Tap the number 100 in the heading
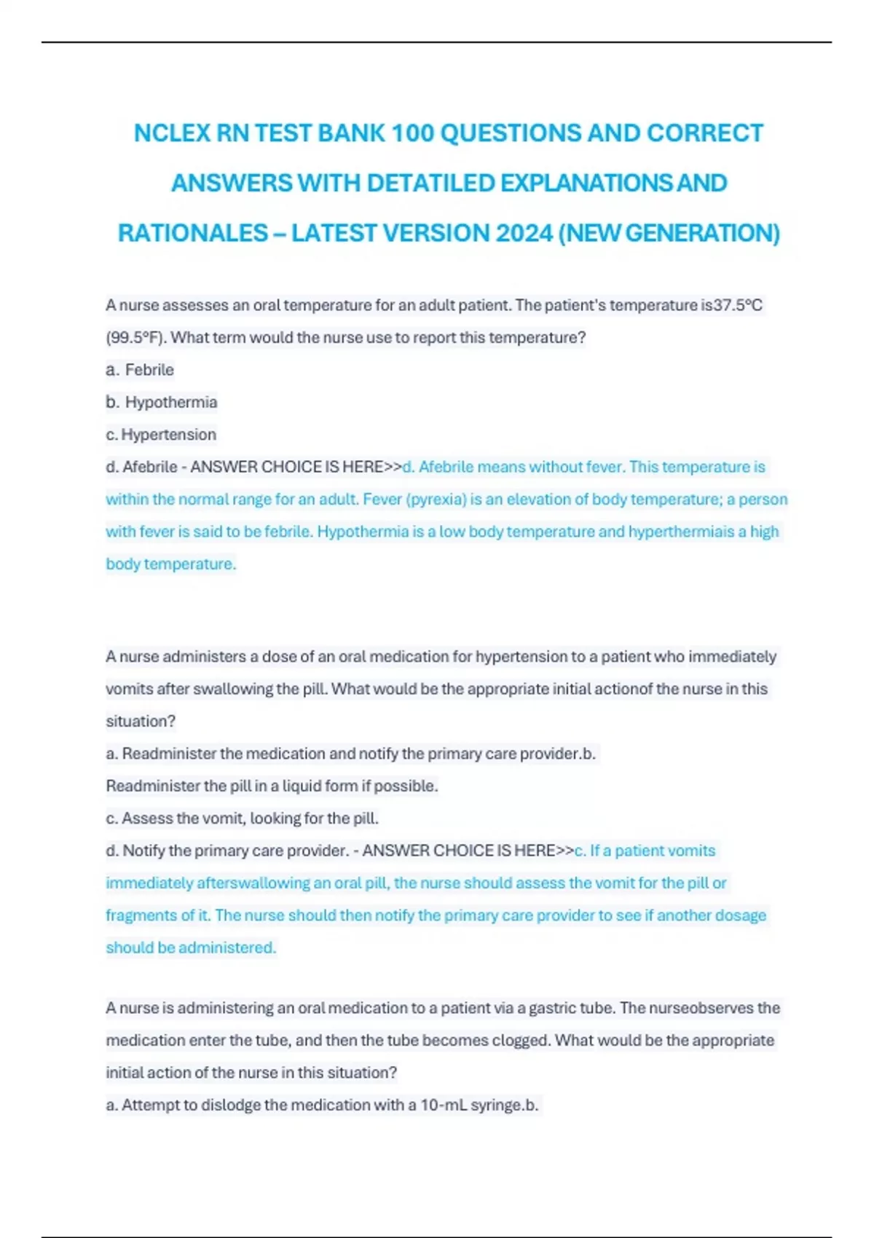click(x=412, y=133)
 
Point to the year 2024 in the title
click(x=524, y=233)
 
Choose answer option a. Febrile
click(x=141, y=370)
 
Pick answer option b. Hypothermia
click(x=162, y=402)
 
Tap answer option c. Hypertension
click(x=161, y=435)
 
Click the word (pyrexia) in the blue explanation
click(x=436, y=500)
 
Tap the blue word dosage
click(x=741, y=915)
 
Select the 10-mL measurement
click(x=444, y=1105)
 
